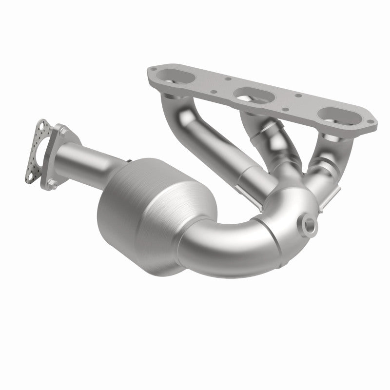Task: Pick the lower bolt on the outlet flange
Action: [53, 185]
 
